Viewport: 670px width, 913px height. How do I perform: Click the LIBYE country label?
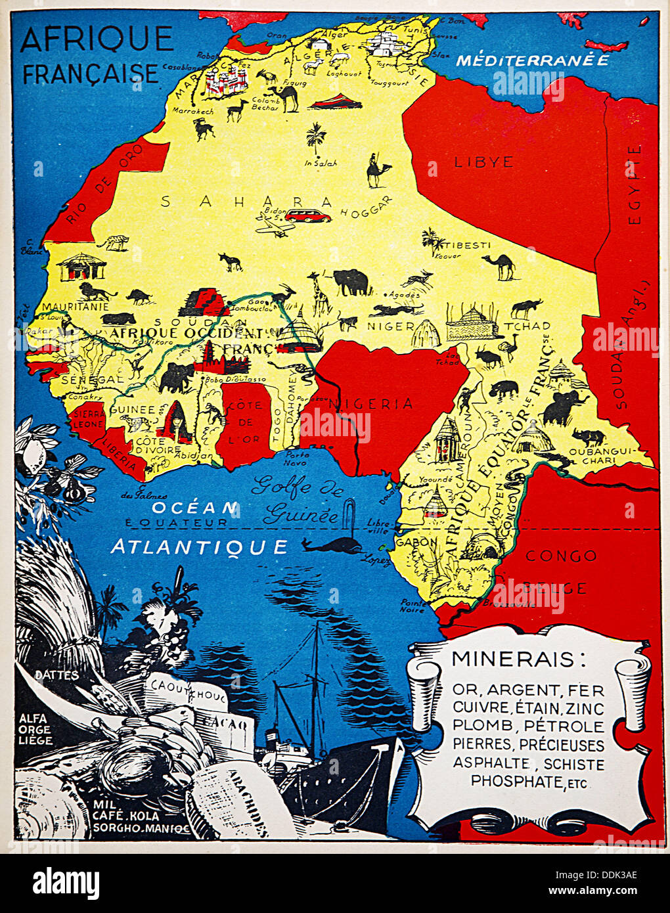point(483,162)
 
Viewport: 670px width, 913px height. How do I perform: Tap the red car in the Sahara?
point(307,215)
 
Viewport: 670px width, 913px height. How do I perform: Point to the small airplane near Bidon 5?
point(276,227)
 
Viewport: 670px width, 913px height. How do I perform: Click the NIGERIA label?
point(372,403)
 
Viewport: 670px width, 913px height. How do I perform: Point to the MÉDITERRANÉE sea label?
point(532,60)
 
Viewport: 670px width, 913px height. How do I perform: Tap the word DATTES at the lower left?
point(56,675)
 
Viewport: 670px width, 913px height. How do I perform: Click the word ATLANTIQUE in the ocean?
point(199,546)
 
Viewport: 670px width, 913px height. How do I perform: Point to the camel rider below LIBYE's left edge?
point(377,171)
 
